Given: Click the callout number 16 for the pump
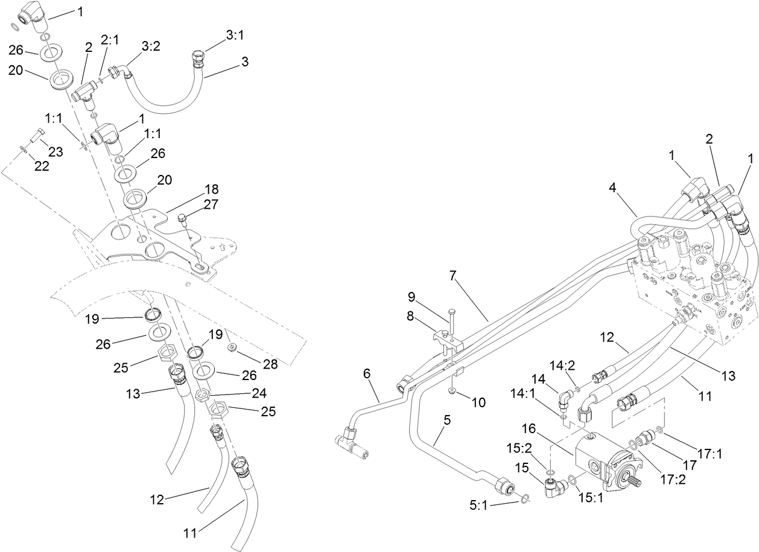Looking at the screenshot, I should tap(529, 428).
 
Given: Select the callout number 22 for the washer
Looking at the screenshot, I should tap(41, 167).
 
